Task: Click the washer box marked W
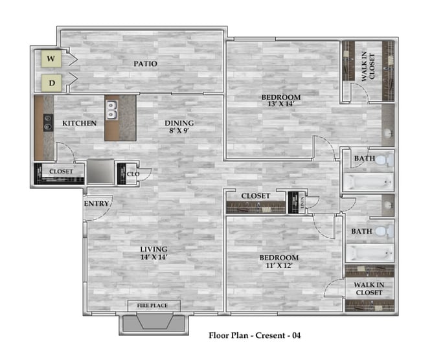(x=51, y=60)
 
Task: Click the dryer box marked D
(x=51, y=82)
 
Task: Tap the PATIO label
(x=145, y=64)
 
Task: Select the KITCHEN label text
(x=79, y=123)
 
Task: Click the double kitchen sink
(x=112, y=110)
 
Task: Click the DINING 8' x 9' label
(x=179, y=126)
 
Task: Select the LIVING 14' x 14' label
(x=154, y=253)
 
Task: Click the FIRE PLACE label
(x=153, y=305)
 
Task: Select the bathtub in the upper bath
(x=367, y=181)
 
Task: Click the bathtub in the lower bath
(x=367, y=253)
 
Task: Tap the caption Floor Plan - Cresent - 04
(x=255, y=335)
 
